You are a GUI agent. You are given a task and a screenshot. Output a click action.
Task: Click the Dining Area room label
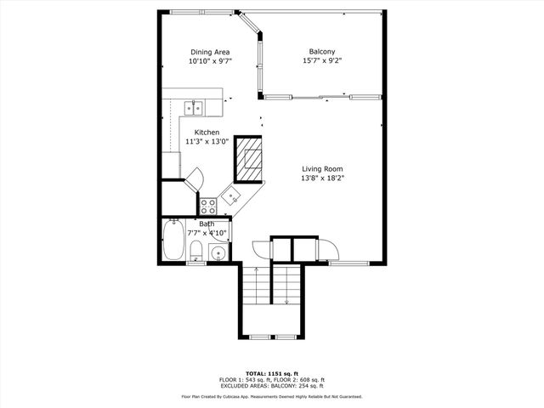[x=209, y=52]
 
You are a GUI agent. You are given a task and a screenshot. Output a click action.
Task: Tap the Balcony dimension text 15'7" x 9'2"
[x=322, y=60]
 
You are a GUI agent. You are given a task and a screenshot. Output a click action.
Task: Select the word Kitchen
[x=207, y=133]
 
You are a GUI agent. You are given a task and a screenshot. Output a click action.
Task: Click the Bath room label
[x=207, y=224]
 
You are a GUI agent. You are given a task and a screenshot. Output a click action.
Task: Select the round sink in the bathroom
[x=218, y=253]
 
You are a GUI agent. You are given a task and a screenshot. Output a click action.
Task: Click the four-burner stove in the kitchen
[x=208, y=205]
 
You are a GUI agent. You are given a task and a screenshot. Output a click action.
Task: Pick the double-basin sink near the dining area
[x=195, y=107]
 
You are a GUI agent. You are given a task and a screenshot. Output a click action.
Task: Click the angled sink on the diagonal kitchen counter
[x=231, y=197]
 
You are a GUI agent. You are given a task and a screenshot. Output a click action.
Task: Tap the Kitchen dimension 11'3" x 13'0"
[x=207, y=142]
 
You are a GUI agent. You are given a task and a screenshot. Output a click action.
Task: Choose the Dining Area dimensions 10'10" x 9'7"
[x=209, y=61]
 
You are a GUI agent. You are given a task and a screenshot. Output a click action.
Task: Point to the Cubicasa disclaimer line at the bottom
[x=272, y=396]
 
